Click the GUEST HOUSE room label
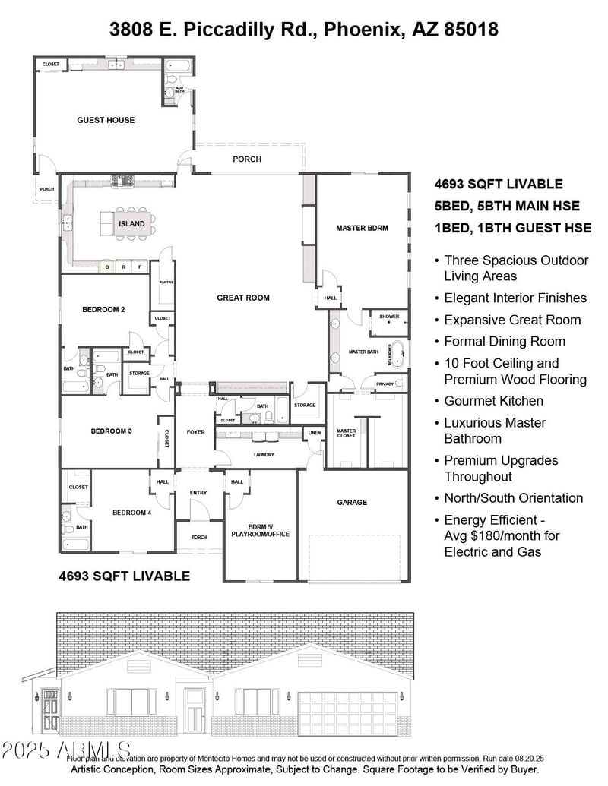[x=106, y=120]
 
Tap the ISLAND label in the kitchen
[x=131, y=224]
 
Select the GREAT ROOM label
[x=243, y=298]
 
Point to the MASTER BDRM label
[x=363, y=228]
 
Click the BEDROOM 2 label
[x=103, y=309]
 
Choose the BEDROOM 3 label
[x=112, y=431]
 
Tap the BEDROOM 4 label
[x=132, y=513]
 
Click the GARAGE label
[x=352, y=502]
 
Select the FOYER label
[x=196, y=432]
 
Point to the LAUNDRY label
[x=259, y=455]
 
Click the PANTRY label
[x=166, y=282]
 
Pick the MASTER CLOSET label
[x=346, y=434]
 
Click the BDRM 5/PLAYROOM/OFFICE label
[x=258, y=530]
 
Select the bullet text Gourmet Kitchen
[x=493, y=400]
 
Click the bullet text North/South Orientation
[x=514, y=498]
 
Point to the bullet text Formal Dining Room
[x=505, y=341]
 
